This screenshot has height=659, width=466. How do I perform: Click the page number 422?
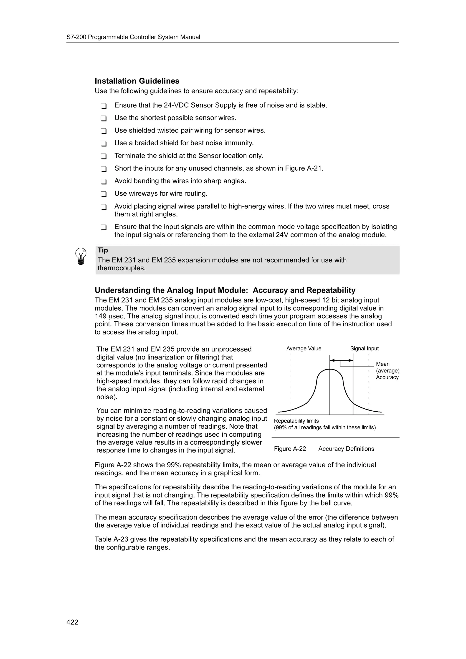coord(72,622)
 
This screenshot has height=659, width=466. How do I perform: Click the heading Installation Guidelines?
coord(137,81)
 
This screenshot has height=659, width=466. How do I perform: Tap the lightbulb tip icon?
coord(81,256)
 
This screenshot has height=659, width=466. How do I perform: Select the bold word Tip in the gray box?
coord(103,250)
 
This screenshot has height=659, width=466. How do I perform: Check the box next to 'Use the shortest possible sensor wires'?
coord(104,118)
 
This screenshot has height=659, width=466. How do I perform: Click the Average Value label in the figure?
coord(304,348)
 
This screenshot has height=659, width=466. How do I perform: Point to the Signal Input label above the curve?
coord(364,348)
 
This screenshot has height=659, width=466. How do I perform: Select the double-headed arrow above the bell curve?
coord(341,360)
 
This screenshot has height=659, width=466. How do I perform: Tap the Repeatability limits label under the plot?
coord(296,421)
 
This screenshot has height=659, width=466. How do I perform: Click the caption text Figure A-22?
coord(290,449)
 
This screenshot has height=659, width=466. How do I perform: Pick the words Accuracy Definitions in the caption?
coord(346,449)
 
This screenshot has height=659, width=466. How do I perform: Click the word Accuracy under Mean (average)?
coord(387,377)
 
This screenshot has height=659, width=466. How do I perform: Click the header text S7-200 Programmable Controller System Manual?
coord(133,37)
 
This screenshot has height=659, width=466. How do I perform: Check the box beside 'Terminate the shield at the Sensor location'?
coord(104,156)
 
